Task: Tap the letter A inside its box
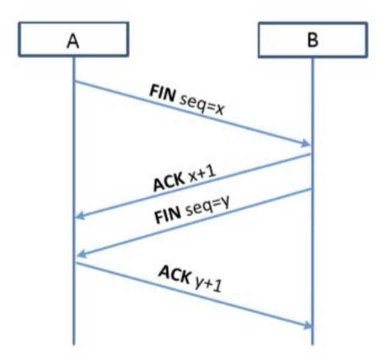pyautogui.click(x=73, y=41)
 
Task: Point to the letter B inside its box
pyautogui.click(x=312, y=41)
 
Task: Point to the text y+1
pyautogui.click(x=208, y=284)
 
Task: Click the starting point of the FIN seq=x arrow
pyautogui.click(x=74, y=81)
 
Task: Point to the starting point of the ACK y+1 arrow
pyautogui.click(x=74, y=262)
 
